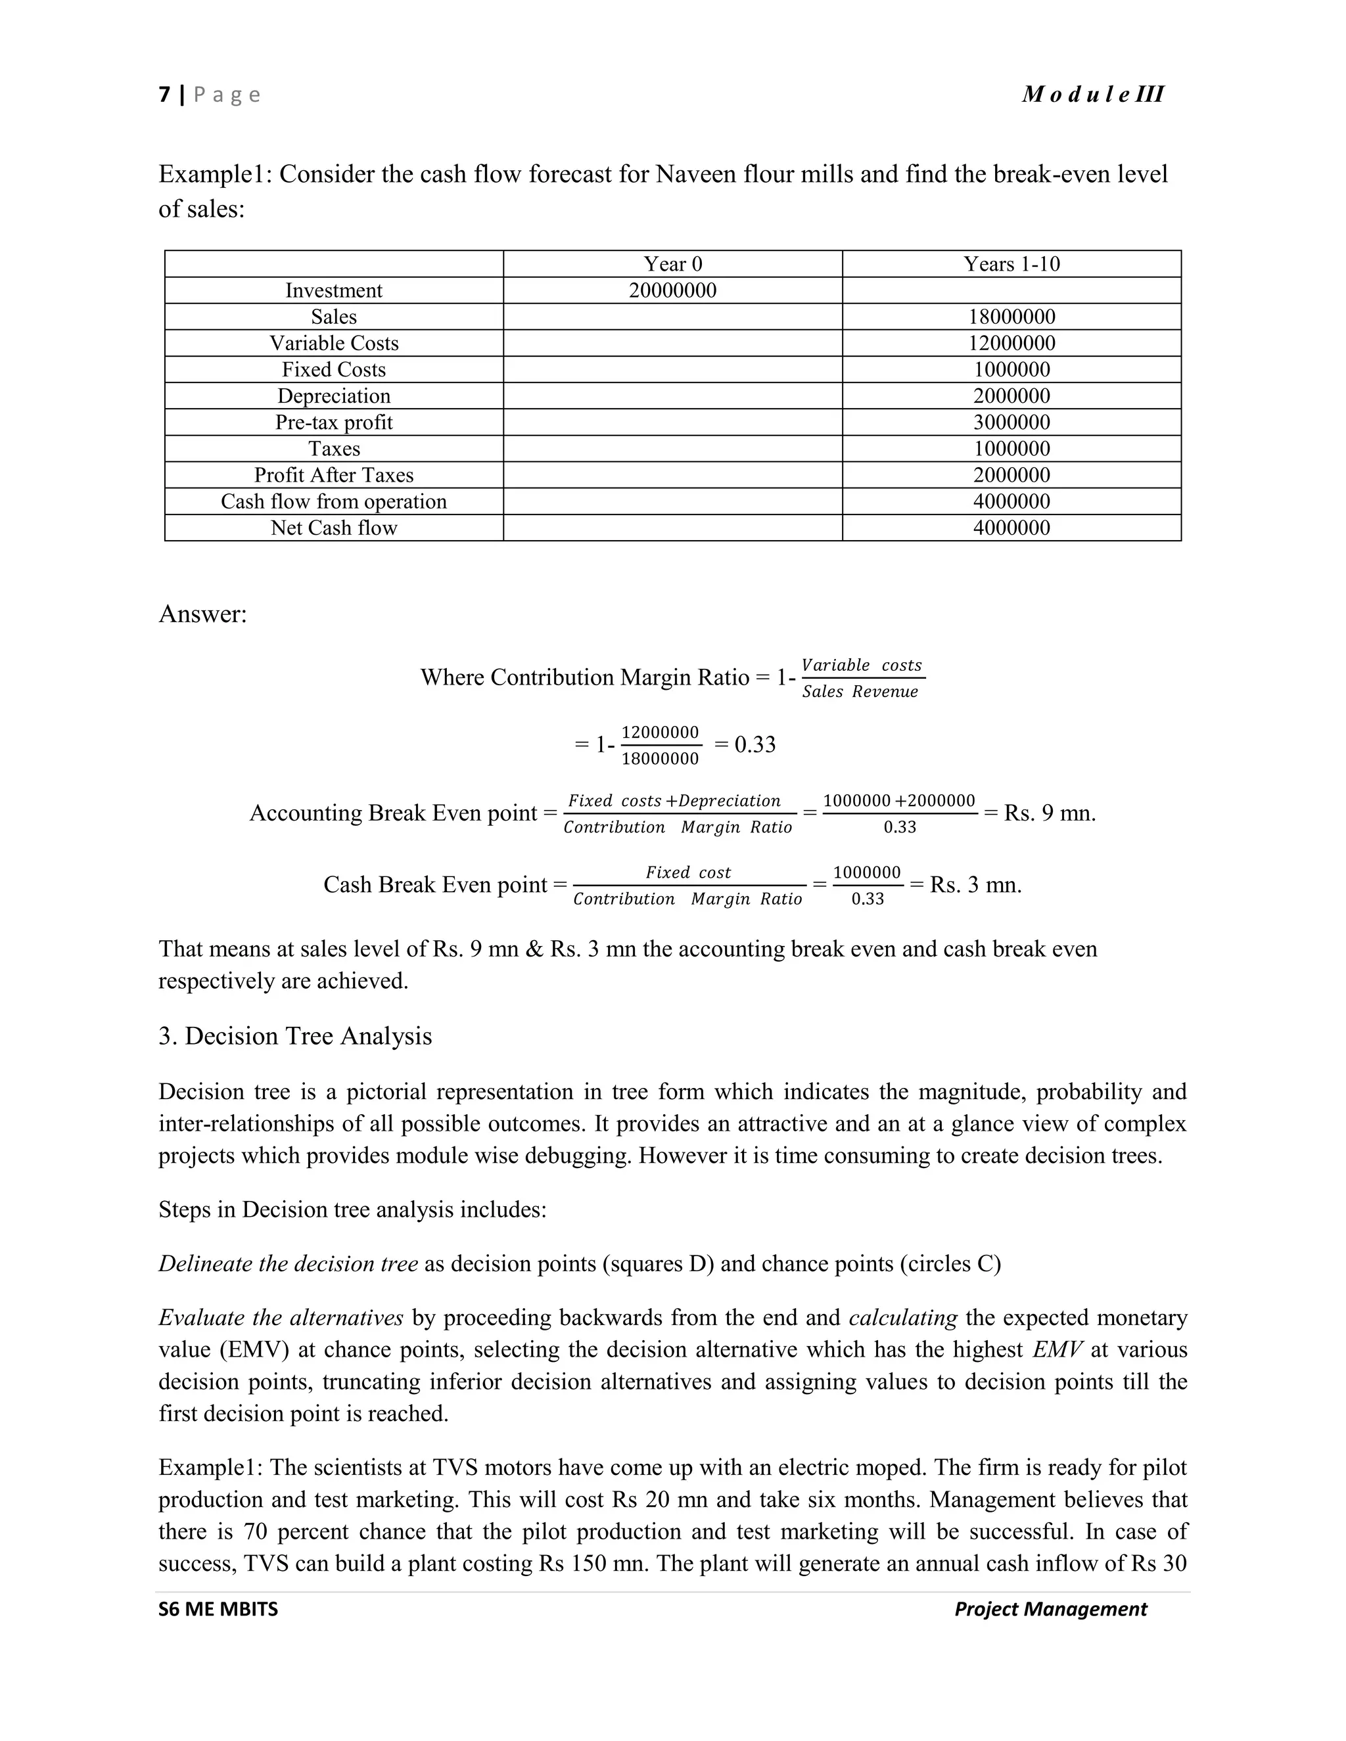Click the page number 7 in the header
(164, 95)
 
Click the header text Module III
(1092, 94)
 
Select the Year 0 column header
(672, 264)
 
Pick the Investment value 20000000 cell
(672, 290)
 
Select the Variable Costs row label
(333, 343)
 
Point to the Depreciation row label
(333, 396)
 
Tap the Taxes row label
(333, 449)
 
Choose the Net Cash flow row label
(333, 528)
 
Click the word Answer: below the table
(202, 614)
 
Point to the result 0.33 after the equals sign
(754, 744)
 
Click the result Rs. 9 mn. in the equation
(1050, 813)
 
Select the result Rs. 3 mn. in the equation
(975, 885)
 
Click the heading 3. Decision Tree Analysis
(295, 1035)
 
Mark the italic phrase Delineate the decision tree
(288, 1263)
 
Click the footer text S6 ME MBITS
(218, 1609)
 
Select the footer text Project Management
(1050, 1609)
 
